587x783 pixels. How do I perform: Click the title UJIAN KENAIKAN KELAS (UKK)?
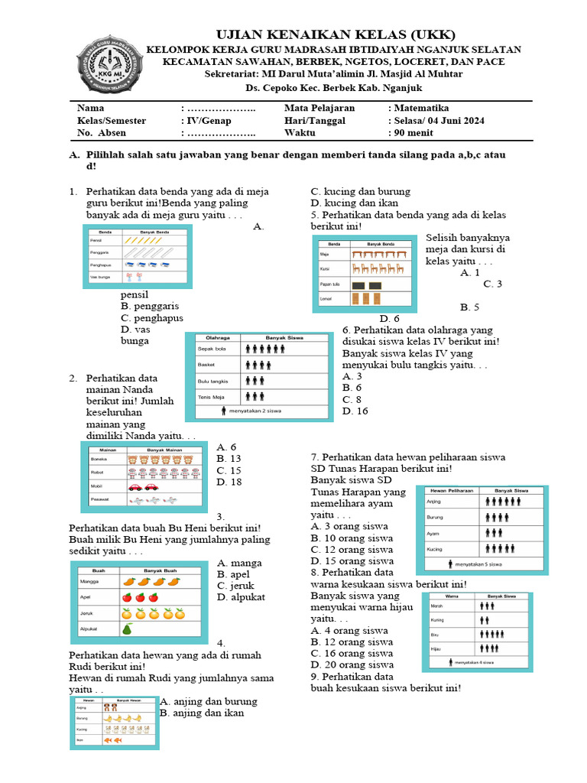pos(336,35)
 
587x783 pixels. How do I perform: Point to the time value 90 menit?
pos(414,133)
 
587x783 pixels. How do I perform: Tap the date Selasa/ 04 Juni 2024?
pos(439,121)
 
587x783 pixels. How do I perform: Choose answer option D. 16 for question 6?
pos(356,411)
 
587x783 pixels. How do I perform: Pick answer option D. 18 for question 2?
pos(229,482)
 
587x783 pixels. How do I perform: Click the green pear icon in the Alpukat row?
pos(128,629)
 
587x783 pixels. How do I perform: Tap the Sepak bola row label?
pos(211,349)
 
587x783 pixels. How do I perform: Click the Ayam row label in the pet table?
pos(433,532)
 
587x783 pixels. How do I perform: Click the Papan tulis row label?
pos(330,284)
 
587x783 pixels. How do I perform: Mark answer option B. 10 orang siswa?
pos(352,538)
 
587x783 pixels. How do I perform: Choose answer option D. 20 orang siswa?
pos(352,665)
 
